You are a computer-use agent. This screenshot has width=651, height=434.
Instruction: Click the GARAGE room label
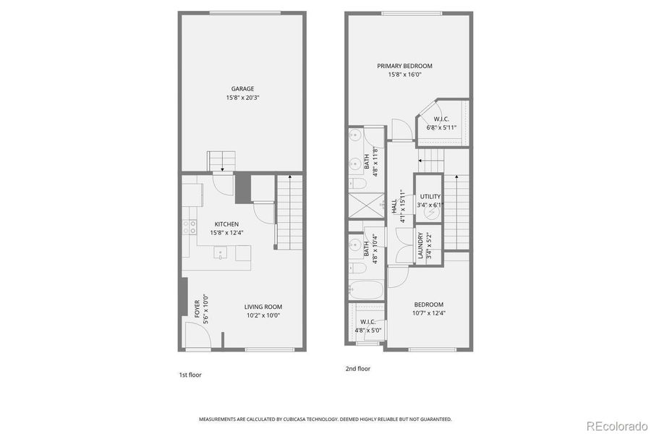[x=242, y=89]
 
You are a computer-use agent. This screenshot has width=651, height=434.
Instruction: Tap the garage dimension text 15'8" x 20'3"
[x=242, y=98]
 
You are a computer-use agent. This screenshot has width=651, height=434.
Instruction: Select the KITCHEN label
[x=226, y=224]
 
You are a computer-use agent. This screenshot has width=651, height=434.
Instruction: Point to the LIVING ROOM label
[x=263, y=307]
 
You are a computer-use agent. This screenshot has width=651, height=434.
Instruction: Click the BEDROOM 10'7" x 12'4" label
[x=428, y=305]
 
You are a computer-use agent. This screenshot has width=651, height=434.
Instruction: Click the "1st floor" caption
[x=190, y=375]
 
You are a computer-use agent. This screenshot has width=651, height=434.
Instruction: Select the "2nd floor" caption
[x=357, y=368]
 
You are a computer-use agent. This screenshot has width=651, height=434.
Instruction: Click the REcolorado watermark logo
[x=616, y=425]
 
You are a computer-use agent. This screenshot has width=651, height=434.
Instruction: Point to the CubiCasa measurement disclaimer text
[x=325, y=419]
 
